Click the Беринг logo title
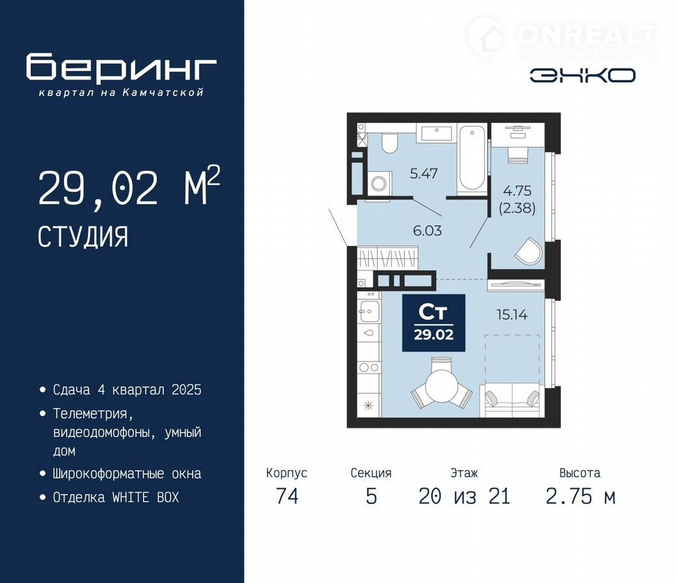click(121, 67)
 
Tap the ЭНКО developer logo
click(583, 76)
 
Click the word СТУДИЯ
click(83, 237)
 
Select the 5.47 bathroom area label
click(424, 174)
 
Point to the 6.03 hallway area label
click(427, 231)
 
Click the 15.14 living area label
click(512, 315)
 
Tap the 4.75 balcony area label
click(517, 191)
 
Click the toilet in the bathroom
click(390, 142)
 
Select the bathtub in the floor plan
click(472, 160)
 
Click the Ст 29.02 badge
click(433, 323)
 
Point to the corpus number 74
click(287, 496)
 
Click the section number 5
click(371, 496)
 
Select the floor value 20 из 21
click(464, 496)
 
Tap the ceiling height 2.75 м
click(580, 496)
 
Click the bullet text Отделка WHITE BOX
click(116, 497)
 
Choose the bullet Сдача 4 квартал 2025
click(127, 390)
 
